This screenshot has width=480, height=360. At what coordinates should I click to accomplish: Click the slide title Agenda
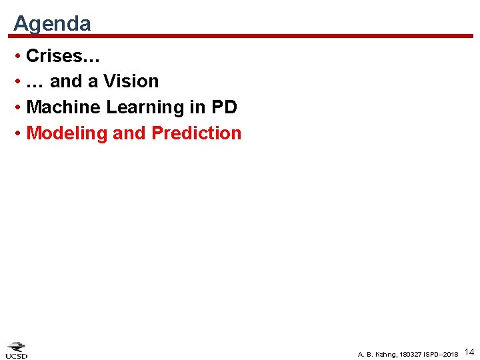(x=52, y=23)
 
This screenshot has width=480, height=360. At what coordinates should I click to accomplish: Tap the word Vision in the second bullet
(x=131, y=81)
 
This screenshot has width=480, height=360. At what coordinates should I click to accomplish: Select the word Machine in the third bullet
(x=61, y=107)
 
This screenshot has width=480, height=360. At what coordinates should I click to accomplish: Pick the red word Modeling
(x=67, y=133)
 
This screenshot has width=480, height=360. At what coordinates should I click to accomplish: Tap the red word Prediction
(x=197, y=133)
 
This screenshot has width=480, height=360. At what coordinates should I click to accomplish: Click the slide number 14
(x=469, y=351)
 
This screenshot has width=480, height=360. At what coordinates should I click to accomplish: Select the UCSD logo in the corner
(x=17, y=350)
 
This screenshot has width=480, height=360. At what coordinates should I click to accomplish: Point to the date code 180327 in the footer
(x=409, y=354)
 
